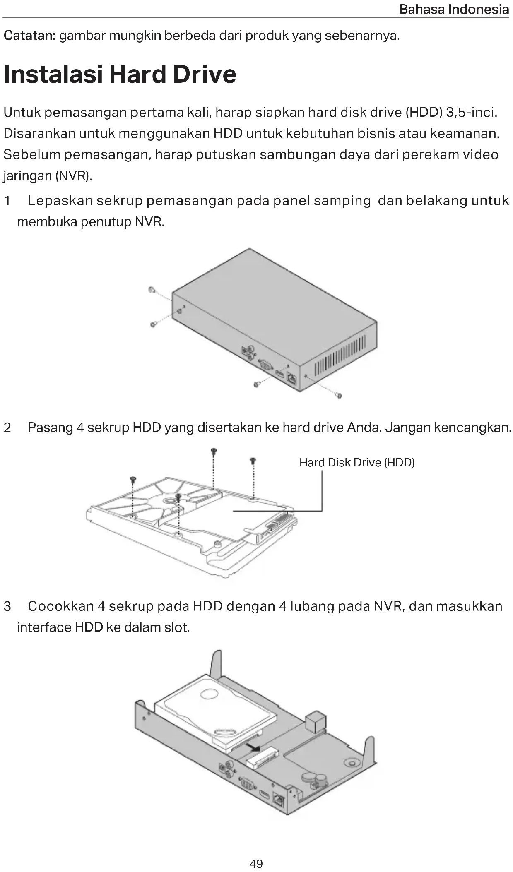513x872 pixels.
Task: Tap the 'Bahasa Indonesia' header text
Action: point(454,9)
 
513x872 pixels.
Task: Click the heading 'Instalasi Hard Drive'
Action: point(120,74)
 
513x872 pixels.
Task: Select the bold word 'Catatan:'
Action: point(29,36)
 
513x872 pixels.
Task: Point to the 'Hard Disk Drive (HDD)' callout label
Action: point(357,462)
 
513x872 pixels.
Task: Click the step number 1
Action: point(7,201)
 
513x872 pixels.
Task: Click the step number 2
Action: point(7,428)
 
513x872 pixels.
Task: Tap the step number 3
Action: point(7,607)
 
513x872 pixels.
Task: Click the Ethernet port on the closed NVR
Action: point(292,379)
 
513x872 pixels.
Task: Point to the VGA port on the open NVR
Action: point(247,783)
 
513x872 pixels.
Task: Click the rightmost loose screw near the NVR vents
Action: point(339,396)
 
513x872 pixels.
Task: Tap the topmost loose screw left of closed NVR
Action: point(152,289)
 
